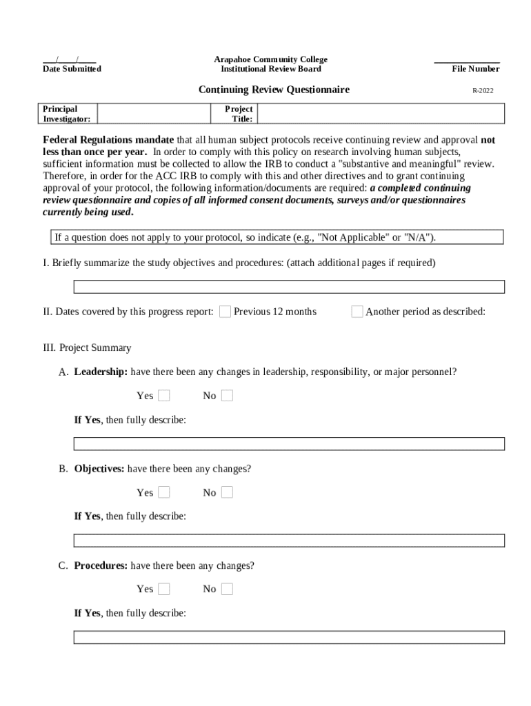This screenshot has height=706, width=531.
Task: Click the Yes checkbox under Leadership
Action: pos(164,396)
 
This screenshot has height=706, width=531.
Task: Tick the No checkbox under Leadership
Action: pos(227,396)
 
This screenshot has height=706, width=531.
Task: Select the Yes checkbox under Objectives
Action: pos(164,492)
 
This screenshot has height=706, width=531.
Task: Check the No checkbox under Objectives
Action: pos(227,492)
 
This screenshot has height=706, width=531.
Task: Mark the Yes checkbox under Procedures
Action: pos(164,589)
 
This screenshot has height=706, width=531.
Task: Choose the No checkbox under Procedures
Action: pos(227,589)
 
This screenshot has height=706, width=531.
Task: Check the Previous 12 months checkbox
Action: pos(225,312)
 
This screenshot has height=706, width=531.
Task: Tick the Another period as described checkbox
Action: pos(357,312)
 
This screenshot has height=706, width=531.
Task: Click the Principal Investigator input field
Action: pos(155,114)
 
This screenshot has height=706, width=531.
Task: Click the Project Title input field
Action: pos(381,114)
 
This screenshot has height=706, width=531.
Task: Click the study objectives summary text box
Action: pos(289,287)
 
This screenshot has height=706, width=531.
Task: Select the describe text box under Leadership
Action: pos(289,443)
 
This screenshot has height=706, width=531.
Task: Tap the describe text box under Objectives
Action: pos(289,541)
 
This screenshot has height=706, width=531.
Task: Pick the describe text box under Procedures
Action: pos(289,637)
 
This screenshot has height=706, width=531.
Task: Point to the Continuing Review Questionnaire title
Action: pos(274,90)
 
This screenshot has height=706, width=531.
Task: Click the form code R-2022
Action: pos(483,90)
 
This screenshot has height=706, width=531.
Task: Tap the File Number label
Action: pos(475,69)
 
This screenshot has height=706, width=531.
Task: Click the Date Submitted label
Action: pos(72,69)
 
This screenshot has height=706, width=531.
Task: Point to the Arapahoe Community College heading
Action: pos(270,60)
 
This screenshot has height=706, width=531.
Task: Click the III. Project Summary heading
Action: pos(87,348)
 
